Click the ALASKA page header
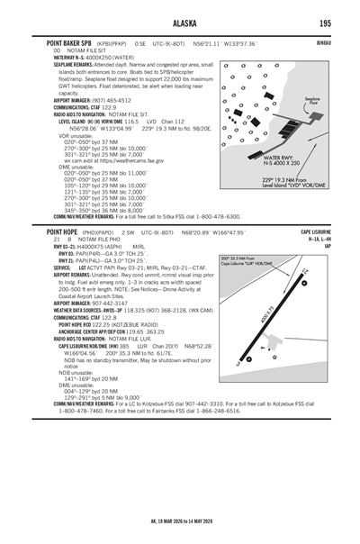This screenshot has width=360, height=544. pyautogui.click(x=180, y=23)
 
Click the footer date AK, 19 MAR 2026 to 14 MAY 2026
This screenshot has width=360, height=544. pyautogui.click(x=180, y=521)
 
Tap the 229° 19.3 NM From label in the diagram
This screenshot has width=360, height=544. pyautogui.click(x=274, y=181)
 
